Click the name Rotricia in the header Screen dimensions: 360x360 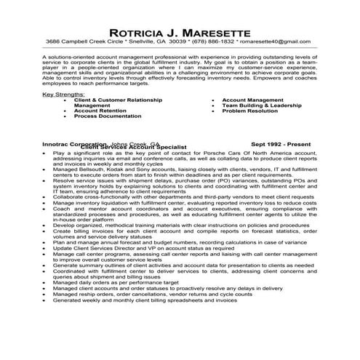coord(139,33)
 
